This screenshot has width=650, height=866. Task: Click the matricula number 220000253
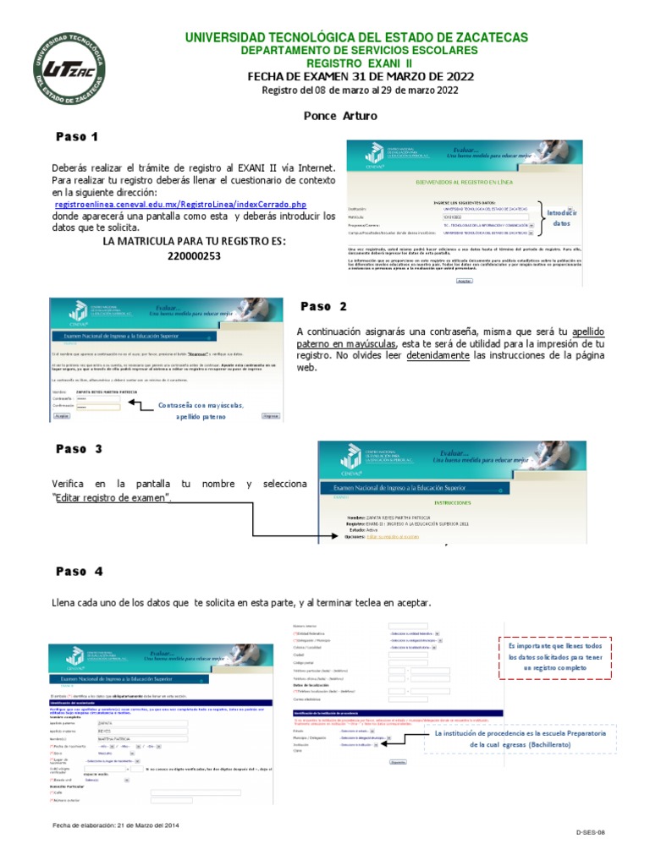[x=194, y=255]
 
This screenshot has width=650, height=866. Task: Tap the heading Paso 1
[x=78, y=136]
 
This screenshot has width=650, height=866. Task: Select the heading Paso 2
[x=323, y=306]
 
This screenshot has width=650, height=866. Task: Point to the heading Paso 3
[x=80, y=448]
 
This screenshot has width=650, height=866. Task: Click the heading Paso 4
[x=80, y=572]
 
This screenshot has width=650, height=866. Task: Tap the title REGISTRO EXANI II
[x=360, y=63]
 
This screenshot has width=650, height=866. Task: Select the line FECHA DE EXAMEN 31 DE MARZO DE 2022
[x=360, y=77]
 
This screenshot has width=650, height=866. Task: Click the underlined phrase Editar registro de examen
[x=112, y=498]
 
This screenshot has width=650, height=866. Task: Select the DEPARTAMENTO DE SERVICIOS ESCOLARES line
[x=360, y=51]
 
